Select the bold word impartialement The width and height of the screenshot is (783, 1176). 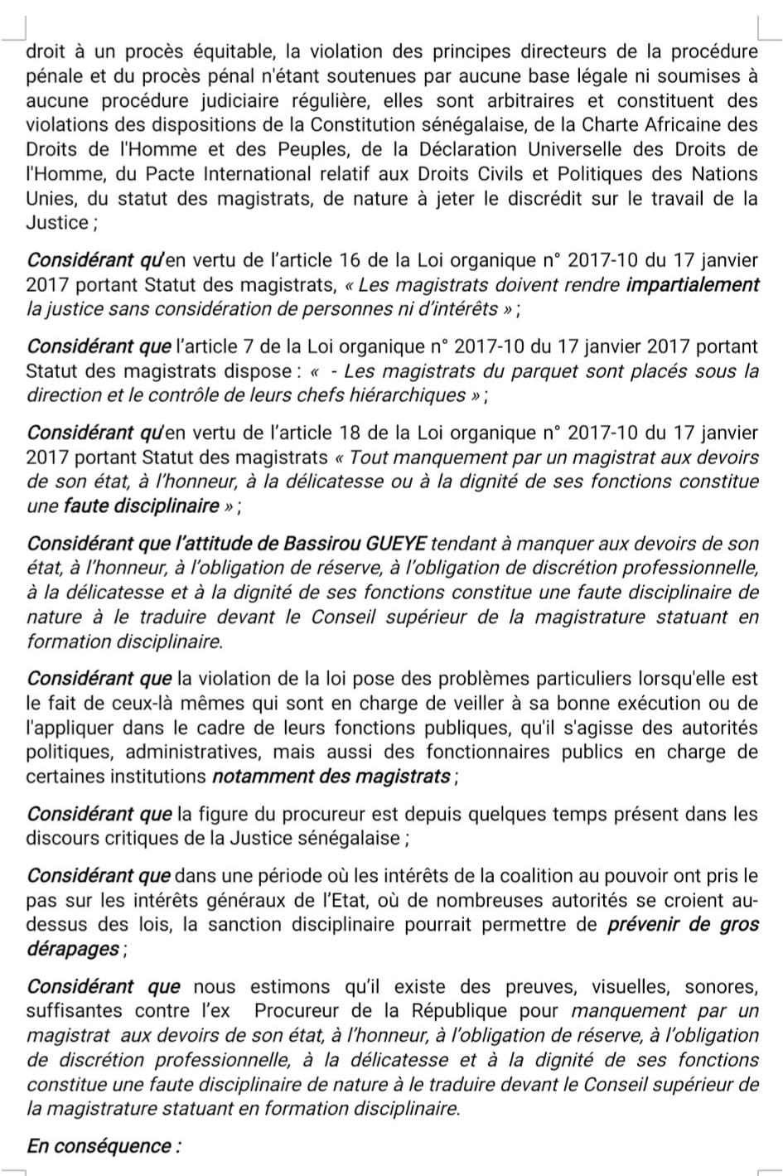[x=693, y=284]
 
